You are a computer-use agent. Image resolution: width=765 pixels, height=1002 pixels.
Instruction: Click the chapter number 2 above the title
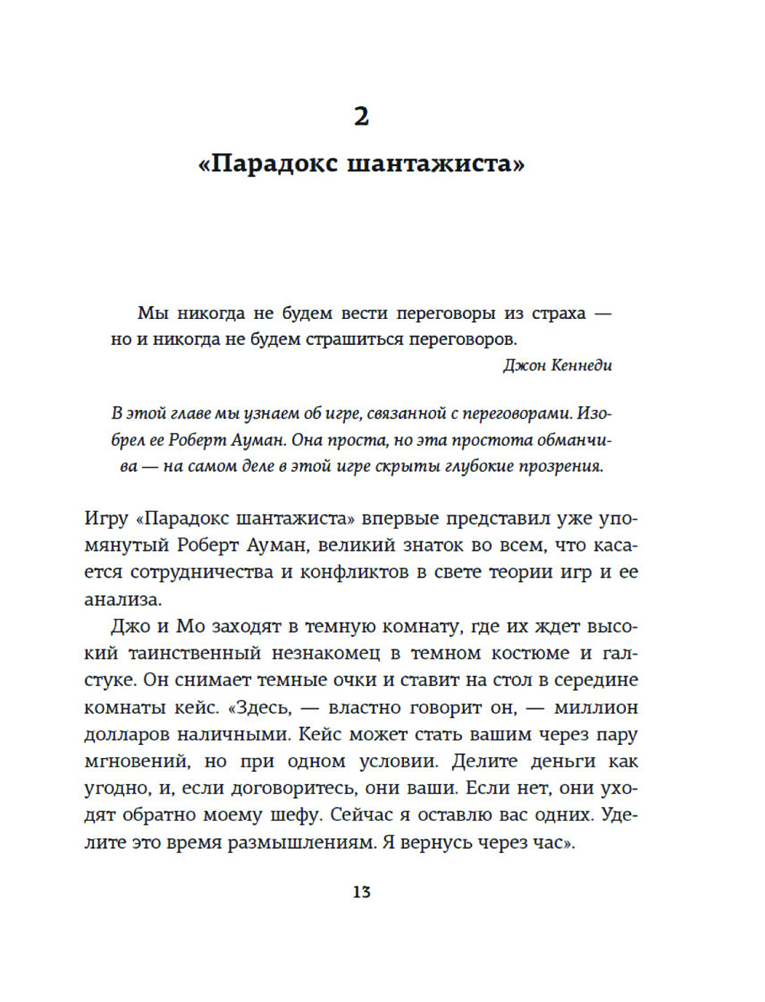[361, 116]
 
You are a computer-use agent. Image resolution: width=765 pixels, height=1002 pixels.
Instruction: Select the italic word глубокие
[474, 466]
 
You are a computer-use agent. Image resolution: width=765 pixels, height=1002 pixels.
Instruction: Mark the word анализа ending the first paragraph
[122, 599]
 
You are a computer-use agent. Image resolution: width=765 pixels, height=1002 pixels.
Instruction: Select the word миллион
[596, 708]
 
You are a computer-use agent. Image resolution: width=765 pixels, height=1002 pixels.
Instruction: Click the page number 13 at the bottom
[361, 892]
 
